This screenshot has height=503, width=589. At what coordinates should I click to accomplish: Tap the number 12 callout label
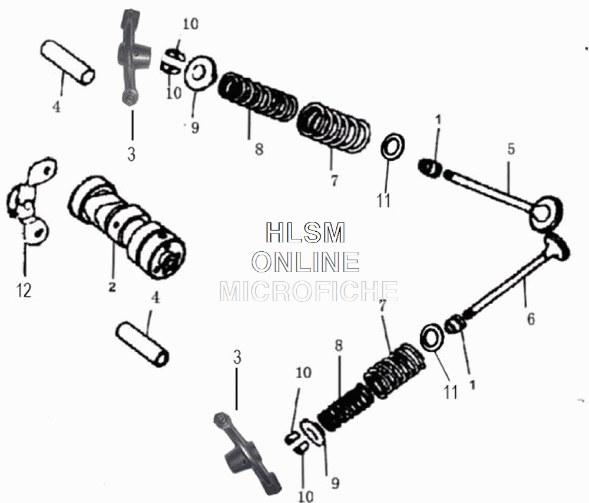(x=24, y=290)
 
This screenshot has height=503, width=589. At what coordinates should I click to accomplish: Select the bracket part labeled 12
(x=29, y=200)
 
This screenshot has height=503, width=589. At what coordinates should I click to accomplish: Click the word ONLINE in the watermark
(x=306, y=262)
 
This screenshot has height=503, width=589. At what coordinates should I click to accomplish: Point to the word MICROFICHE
(x=308, y=291)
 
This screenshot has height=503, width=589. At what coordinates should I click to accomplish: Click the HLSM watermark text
(x=305, y=233)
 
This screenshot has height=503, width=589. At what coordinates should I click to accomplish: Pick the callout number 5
(x=511, y=148)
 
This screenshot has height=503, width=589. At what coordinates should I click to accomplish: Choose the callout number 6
(x=531, y=319)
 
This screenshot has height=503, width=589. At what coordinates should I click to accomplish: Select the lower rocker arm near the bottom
(x=244, y=450)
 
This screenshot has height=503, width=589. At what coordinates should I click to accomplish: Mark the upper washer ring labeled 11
(x=392, y=146)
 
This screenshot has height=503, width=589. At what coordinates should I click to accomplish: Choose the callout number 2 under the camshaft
(x=112, y=287)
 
